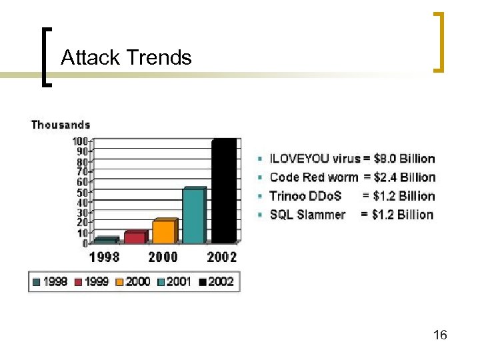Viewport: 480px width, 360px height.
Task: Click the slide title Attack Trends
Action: (x=126, y=58)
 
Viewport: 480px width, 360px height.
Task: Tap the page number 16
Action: (x=440, y=335)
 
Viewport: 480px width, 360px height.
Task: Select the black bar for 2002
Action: (x=223, y=191)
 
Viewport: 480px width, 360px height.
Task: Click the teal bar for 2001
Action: (x=193, y=216)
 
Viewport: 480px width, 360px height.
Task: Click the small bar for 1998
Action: (x=105, y=241)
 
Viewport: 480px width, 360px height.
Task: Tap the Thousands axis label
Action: (x=61, y=125)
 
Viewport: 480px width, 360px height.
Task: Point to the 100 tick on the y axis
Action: (x=80, y=141)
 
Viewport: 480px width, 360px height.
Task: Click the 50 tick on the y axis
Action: (x=82, y=192)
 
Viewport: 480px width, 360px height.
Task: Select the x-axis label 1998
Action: (x=105, y=257)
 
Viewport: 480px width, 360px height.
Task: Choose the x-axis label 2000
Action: (x=163, y=257)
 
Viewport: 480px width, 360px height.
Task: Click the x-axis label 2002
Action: (x=221, y=257)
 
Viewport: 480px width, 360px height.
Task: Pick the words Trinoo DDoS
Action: (x=305, y=196)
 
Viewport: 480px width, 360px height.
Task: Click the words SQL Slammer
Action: (x=307, y=215)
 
